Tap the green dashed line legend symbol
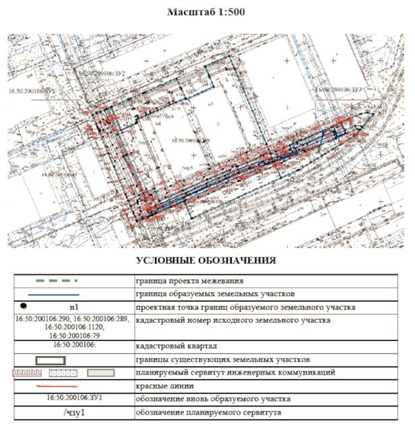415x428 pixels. (x=55, y=280)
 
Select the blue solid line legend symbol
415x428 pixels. (x=55, y=295)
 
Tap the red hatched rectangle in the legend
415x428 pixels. (x=28, y=372)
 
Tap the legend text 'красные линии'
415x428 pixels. (x=164, y=386)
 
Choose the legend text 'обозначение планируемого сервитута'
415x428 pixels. (x=211, y=412)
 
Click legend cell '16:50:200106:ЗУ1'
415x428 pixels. (x=73, y=398)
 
